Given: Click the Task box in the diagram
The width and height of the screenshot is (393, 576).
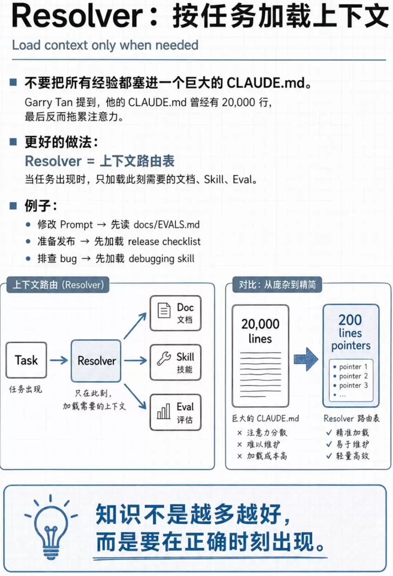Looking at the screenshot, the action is [x=26, y=360].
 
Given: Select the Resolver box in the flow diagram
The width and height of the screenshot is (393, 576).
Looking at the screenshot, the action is [x=96, y=361].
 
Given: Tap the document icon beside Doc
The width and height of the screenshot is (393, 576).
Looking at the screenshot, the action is [x=164, y=311].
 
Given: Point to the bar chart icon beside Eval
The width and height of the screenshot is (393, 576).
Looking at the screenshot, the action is [x=164, y=411].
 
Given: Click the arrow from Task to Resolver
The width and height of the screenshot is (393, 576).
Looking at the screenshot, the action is [x=59, y=360].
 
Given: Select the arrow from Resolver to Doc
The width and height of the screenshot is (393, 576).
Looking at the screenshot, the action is [x=135, y=325].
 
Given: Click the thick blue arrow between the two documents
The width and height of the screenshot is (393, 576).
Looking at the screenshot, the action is [x=306, y=359].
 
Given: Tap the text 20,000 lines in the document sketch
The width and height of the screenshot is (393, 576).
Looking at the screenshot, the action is [x=260, y=331].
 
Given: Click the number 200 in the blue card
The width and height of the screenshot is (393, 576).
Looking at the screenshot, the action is [x=350, y=320].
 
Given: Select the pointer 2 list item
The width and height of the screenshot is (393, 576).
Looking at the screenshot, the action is [x=351, y=376].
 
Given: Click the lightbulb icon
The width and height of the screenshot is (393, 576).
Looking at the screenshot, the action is [x=51, y=525].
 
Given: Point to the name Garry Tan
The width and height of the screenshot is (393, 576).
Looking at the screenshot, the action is [x=48, y=103].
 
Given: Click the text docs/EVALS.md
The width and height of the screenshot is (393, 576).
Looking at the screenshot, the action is [x=167, y=225].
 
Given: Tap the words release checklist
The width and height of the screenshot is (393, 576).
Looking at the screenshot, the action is [x=164, y=242].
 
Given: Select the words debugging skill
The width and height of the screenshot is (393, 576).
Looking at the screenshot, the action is [x=162, y=259].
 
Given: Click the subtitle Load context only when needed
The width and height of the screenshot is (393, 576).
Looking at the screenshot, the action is [x=105, y=45].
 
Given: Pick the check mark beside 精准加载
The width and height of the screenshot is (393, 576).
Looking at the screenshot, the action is [x=329, y=432].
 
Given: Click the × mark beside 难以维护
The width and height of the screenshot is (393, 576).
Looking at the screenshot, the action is [x=240, y=444].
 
